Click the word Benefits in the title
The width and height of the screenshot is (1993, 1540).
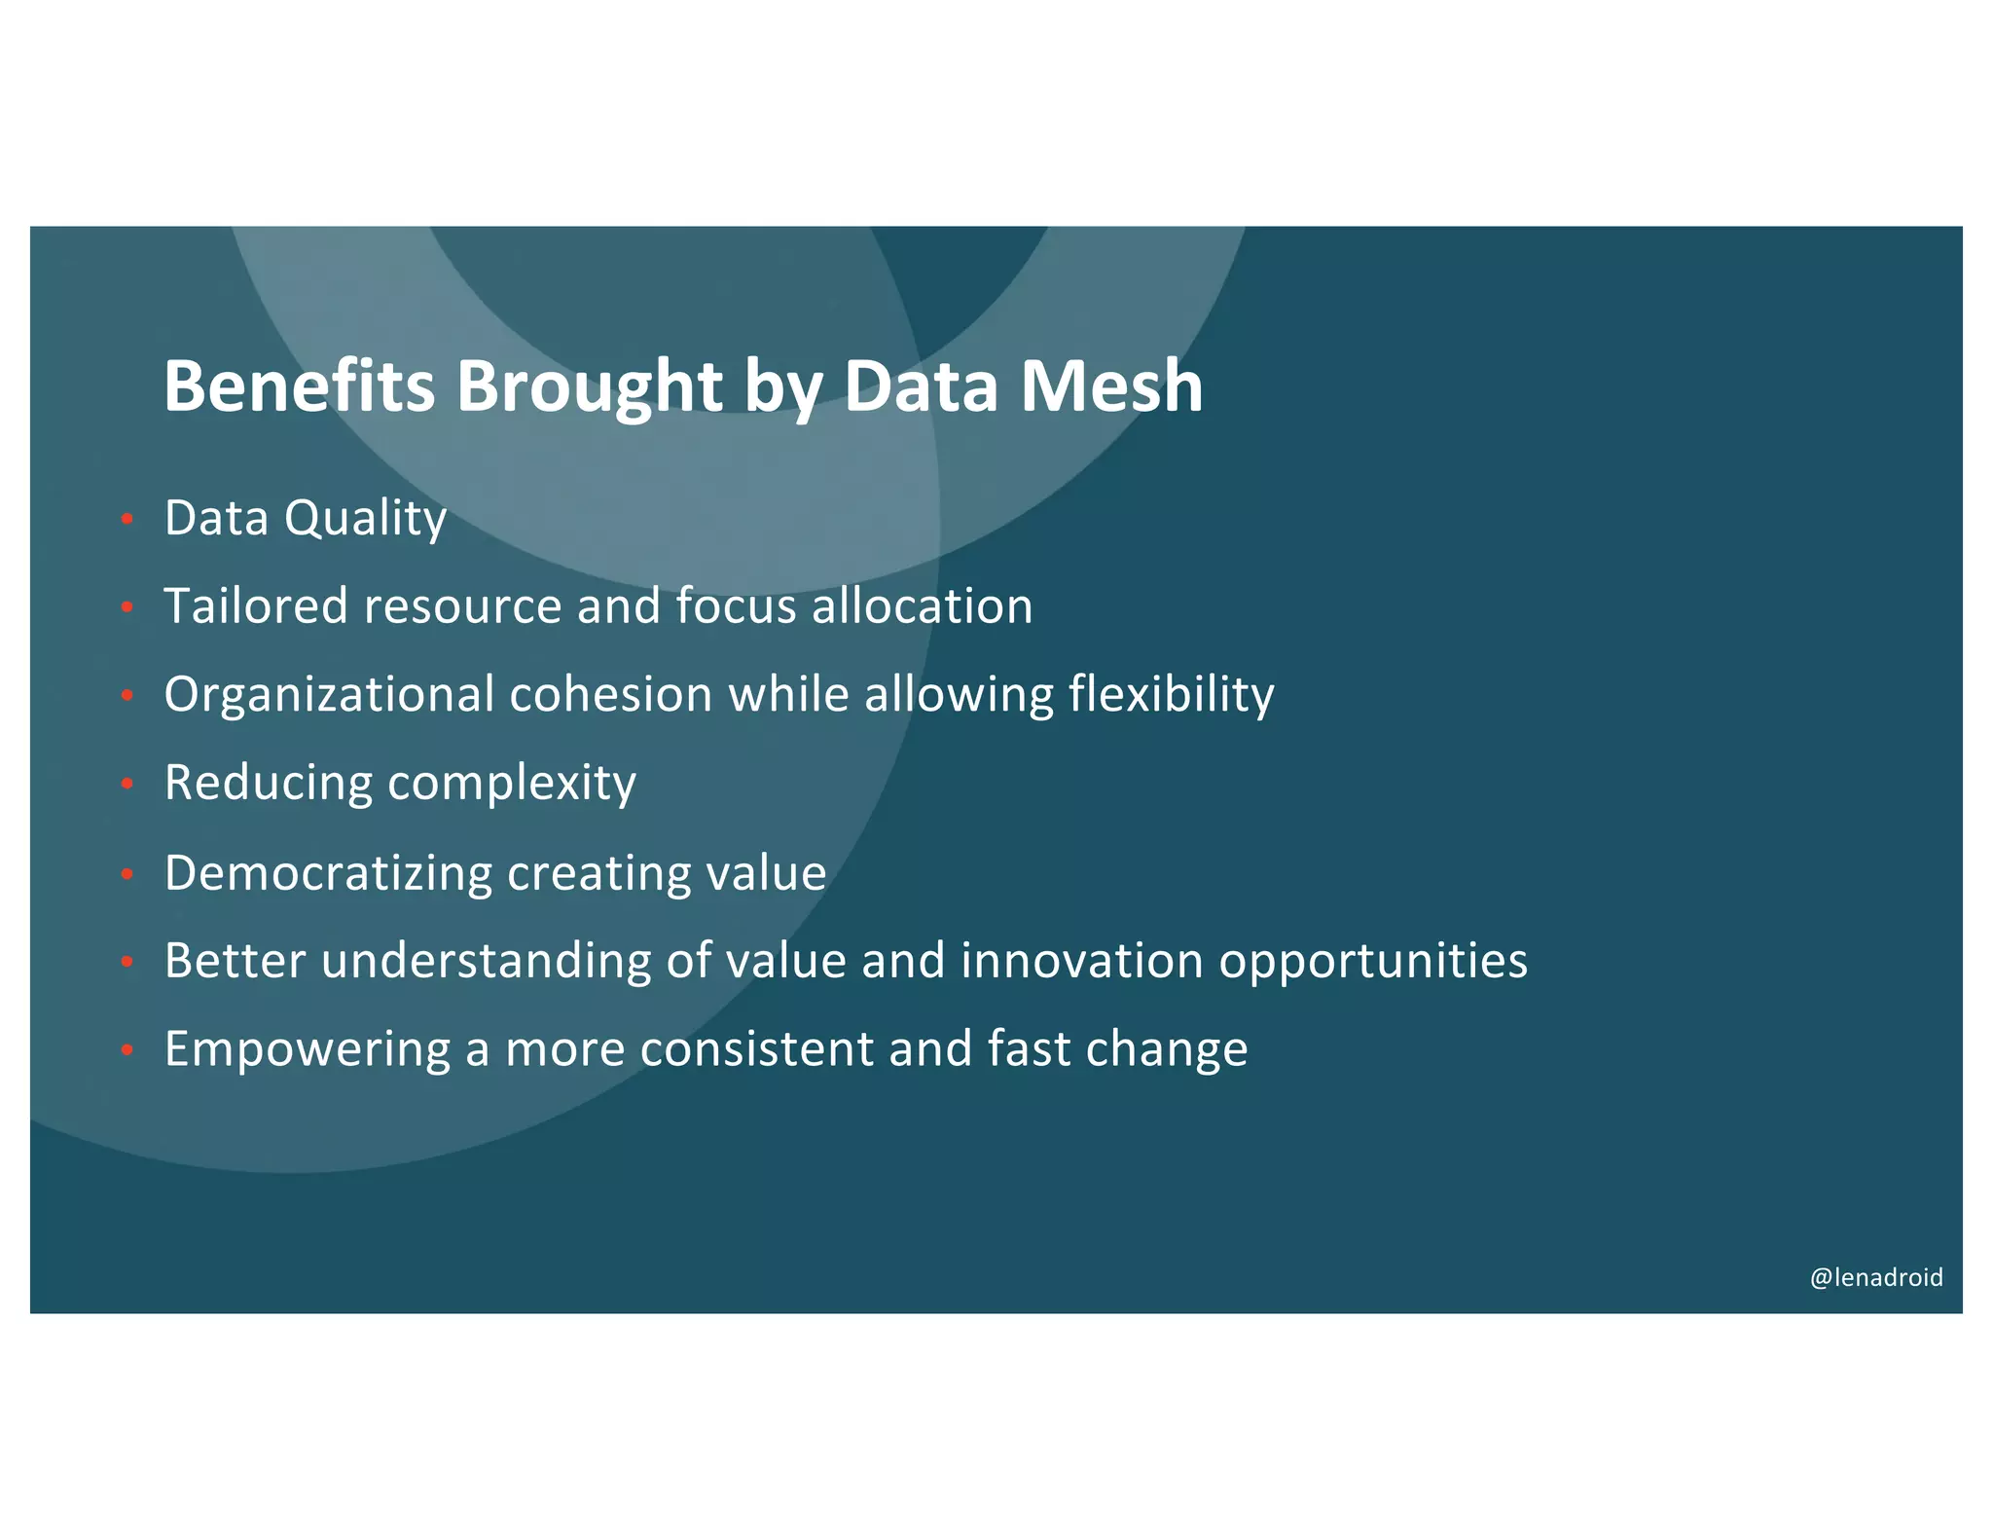[299, 385]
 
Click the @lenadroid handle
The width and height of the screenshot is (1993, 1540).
[1875, 1277]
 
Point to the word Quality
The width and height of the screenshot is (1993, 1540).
[365, 518]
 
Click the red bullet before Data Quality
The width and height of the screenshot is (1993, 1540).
[127, 520]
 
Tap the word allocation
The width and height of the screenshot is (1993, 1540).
[922, 605]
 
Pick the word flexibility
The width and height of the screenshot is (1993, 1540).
[1171, 695]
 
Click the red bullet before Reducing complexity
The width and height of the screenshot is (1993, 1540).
[127, 785]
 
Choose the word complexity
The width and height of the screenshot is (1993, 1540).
[512, 784]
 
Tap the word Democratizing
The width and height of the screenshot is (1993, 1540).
[328, 872]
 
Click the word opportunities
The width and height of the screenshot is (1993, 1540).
[1373, 963]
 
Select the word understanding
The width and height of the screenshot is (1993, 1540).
[486, 961]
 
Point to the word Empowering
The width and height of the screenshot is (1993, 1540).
[307, 1049]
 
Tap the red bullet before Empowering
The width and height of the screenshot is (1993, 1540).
[127, 1050]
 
